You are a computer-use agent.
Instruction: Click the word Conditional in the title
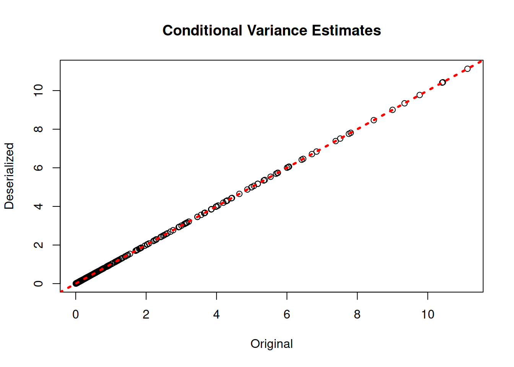coord(202,31)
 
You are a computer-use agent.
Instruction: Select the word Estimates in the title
coord(346,31)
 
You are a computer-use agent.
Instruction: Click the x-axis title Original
coord(272,344)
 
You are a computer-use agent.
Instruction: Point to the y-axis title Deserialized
coord(9,176)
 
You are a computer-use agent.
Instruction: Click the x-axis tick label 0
coord(76,314)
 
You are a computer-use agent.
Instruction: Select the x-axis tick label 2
coord(146,314)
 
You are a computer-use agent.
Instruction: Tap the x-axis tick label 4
coord(216,314)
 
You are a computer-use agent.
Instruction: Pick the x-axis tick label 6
coord(287,314)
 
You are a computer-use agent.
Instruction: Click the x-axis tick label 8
coord(357,314)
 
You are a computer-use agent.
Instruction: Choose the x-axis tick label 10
coord(428,314)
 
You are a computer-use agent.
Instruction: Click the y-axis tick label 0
coord(39,283)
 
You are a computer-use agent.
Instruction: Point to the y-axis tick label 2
coord(39,245)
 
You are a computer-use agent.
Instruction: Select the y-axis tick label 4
coord(39,206)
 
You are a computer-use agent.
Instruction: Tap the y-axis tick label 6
coord(39,168)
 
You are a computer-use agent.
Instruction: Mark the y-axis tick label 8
coord(39,129)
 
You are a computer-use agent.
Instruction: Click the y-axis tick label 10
coord(39,91)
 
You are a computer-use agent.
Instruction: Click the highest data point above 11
coord(467,69)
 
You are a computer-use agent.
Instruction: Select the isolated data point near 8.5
coord(374,120)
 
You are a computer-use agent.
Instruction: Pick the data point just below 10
coord(420,95)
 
